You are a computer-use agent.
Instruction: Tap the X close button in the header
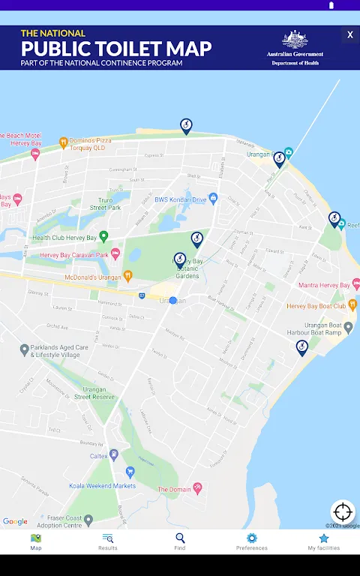click(349, 34)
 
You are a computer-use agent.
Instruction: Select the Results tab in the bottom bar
click(108, 541)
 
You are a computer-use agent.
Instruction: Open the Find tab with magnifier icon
click(180, 541)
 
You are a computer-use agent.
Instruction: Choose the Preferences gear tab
click(252, 541)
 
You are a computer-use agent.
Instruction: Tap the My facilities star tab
click(324, 541)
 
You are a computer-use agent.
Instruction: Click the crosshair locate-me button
click(343, 512)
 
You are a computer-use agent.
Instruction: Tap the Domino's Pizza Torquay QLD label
click(93, 143)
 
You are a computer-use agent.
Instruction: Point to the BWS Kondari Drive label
click(180, 199)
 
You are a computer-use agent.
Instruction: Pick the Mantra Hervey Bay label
click(324, 285)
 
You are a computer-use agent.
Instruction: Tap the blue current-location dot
click(173, 300)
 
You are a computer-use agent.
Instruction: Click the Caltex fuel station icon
click(114, 454)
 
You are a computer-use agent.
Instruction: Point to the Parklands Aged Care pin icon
click(24, 349)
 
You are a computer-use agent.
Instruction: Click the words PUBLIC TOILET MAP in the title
click(116, 49)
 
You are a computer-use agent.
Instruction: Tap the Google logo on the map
click(15, 522)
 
